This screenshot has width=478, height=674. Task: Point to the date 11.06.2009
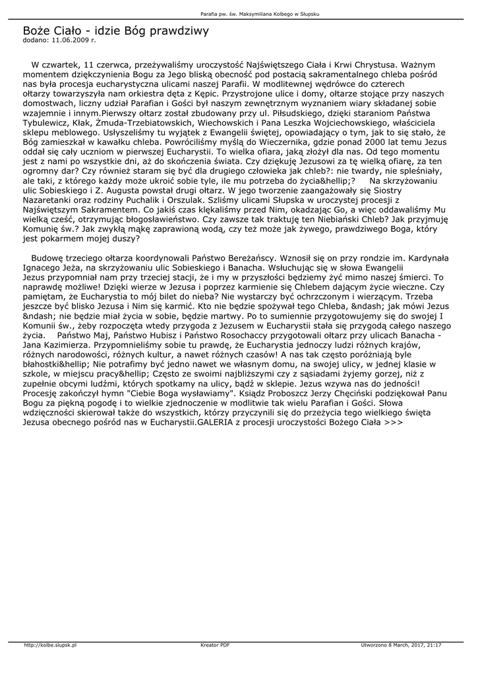[69, 40]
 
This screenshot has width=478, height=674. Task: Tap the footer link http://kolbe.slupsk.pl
[51, 645]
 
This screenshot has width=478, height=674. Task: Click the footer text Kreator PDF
[215, 645]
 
